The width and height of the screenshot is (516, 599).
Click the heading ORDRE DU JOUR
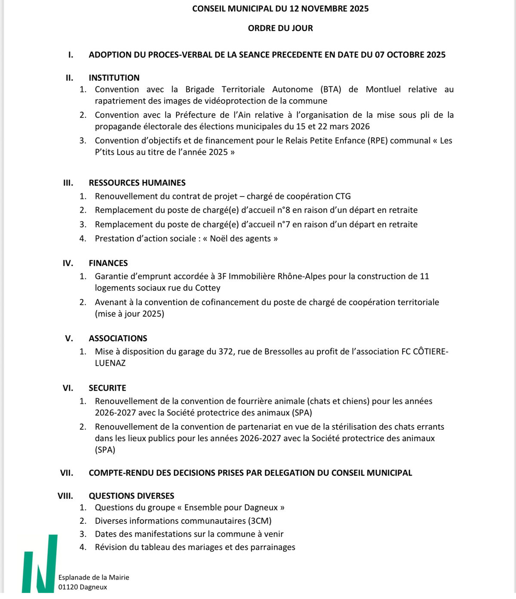[x=280, y=28]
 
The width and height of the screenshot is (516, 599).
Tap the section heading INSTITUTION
[x=114, y=78]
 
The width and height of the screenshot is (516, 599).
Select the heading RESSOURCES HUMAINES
[x=137, y=183]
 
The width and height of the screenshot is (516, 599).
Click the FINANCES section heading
[x=108, y=263]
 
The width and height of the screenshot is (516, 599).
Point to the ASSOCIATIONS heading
[x=118, y=338]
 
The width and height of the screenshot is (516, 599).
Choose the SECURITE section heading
[x=107, y=388]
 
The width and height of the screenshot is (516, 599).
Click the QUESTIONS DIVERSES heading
[x=131, y=496]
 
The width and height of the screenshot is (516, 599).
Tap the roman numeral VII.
[x=67, y=473]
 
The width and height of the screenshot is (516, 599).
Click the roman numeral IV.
[x=68, y=263]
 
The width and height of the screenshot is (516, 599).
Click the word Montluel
[x=383, y=89]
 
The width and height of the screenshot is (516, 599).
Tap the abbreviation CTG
[x=343, y=196]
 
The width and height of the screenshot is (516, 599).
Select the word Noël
[x=218, y=238]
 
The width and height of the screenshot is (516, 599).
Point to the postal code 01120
[x=68, y=587]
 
